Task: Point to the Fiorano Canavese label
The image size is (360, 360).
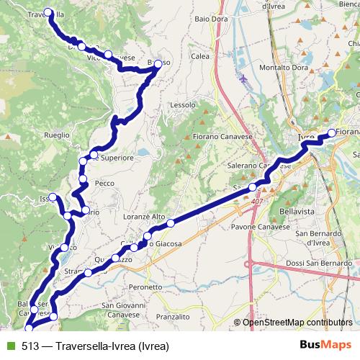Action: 220,136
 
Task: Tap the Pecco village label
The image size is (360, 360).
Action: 105,184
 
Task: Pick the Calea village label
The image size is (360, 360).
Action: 200,55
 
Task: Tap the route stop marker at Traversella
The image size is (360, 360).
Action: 49,12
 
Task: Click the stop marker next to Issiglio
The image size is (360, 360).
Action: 52,197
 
